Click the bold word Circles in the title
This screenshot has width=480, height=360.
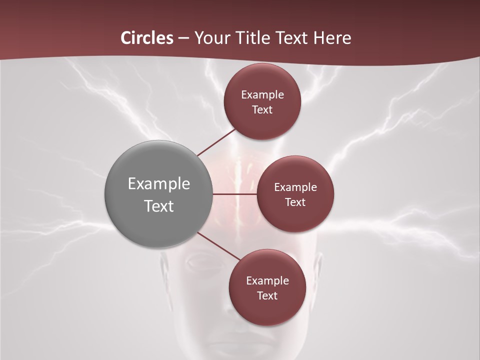[x=146, y=38]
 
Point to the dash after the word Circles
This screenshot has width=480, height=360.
[x=183, y=38]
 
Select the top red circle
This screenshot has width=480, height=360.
[x=262, y=122]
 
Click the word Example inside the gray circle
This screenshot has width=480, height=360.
[x=159, y=184]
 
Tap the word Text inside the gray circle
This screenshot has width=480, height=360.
[x=159, y=206]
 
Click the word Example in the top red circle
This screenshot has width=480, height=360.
[x=262, y=95]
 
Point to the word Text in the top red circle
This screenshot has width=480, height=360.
[x=262, y=110]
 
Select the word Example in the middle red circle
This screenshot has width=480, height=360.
[x=295, y=187]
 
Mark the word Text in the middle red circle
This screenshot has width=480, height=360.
[x=295, y=202]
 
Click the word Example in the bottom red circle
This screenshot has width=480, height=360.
[x=267, y=281]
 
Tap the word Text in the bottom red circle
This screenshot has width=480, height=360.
[x=267, y=296]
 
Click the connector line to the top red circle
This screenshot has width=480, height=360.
[x=217, y=142]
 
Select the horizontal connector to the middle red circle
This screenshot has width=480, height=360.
[x=235, y=194]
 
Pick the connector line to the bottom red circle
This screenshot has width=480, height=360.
[x=218, y=246]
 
